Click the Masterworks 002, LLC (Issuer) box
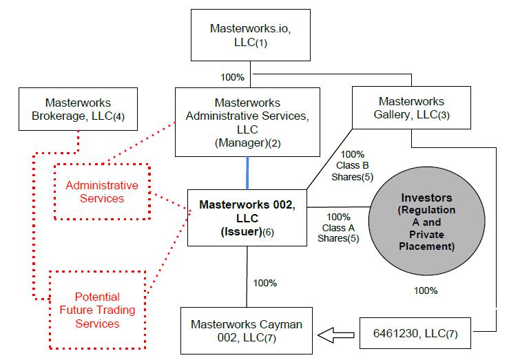(247, 217)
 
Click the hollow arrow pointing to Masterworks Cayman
(338, 335)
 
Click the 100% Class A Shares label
(338, 227)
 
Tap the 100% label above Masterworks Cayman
(265, 283)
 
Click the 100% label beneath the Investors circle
(425, 290)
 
